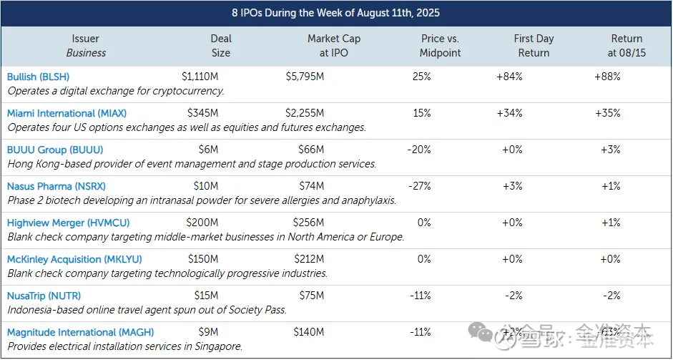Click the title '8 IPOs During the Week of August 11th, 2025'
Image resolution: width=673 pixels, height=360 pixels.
335,13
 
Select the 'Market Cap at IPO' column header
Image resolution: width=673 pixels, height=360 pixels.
334,45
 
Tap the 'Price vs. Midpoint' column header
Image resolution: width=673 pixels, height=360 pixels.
441,45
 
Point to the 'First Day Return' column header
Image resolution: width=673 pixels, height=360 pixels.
534,45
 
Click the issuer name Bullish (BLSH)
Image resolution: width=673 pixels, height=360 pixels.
38,77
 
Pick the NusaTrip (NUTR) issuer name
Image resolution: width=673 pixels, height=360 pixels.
44,296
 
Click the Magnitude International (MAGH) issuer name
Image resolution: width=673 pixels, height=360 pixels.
80,332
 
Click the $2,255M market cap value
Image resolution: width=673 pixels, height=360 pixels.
305,113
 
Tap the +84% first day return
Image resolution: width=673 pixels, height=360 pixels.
509,77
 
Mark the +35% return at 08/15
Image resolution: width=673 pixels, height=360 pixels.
607,113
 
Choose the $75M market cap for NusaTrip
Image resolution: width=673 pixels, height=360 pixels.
308,296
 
